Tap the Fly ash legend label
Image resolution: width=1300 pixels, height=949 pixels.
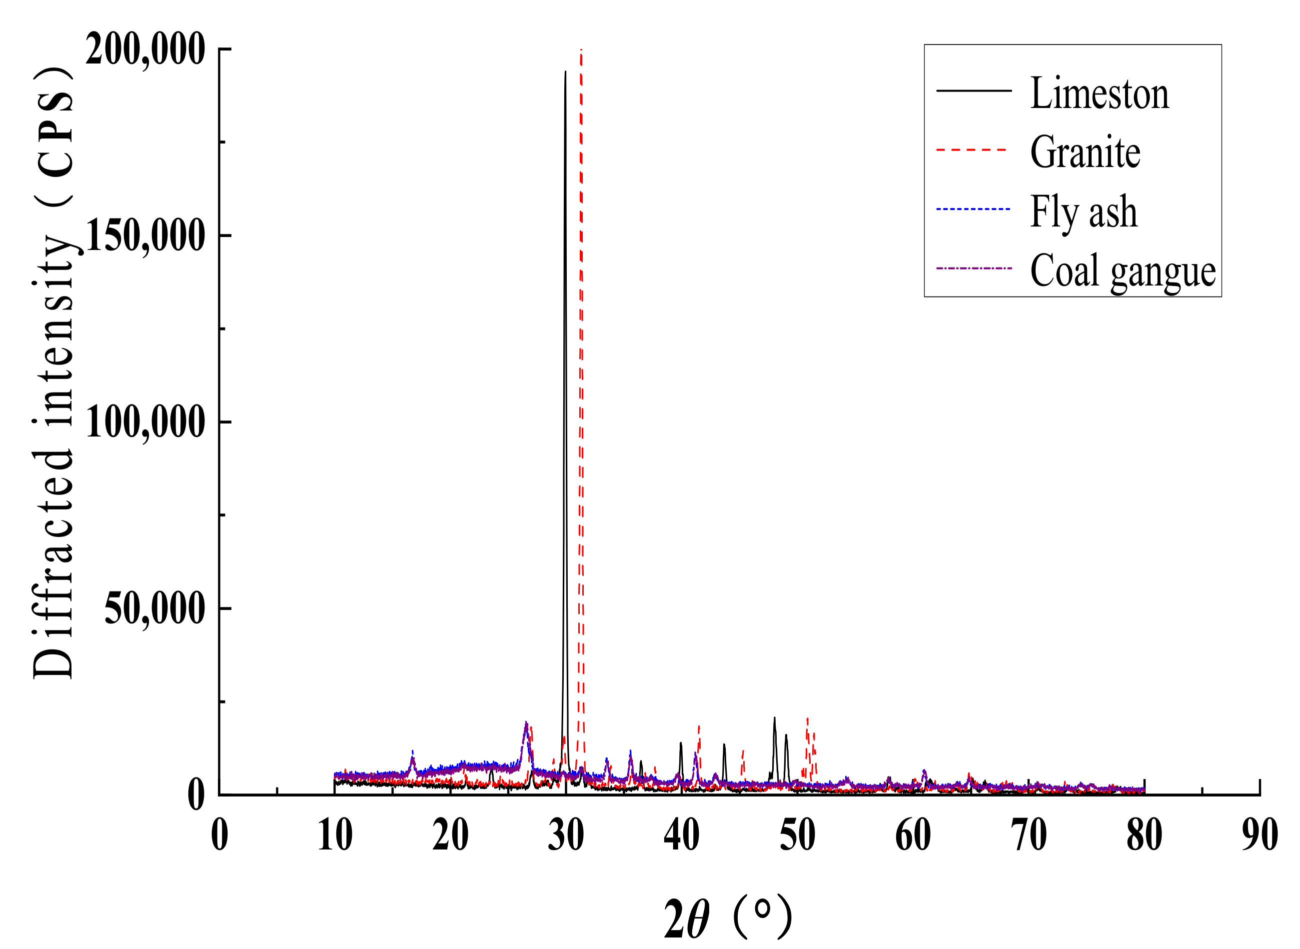(1084, 212)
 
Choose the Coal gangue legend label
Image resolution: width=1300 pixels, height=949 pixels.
(1123, 271)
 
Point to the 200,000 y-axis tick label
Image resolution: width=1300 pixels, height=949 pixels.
(145, 50)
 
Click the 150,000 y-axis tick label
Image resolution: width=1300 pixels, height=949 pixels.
(145, 236)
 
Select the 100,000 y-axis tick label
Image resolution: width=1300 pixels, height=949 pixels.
(145, 422)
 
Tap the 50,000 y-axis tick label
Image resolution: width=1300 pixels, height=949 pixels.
(154, 609)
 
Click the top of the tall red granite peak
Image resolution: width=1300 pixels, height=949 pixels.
(581, 50)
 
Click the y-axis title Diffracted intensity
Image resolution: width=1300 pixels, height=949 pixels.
(53, 373)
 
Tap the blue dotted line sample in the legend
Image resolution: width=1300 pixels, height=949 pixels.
(973, 209)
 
